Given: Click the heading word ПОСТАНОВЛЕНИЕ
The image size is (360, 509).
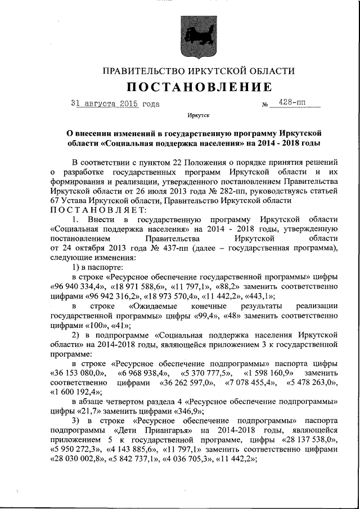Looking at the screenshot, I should coord(199,87).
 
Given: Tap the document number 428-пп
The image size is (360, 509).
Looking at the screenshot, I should coord(292,103).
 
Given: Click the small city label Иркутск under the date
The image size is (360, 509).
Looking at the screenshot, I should coord(198,116).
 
